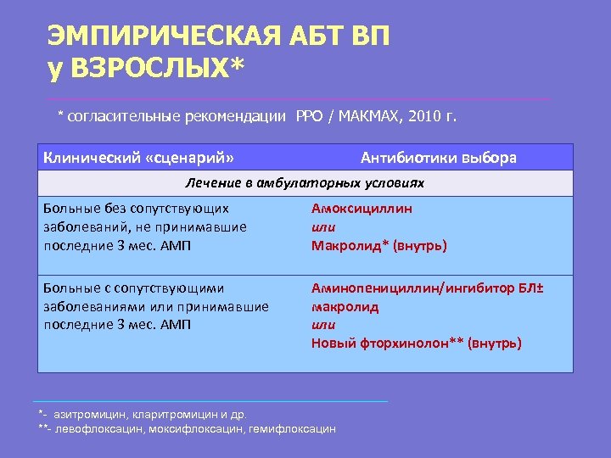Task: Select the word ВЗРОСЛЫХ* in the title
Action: (x=157, y=70)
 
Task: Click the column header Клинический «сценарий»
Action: (x=139, y=158)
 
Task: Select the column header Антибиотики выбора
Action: (x=438, y=158)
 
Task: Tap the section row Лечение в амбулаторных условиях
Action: (x=305, y=183)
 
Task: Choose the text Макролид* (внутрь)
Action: (x=378, y=246)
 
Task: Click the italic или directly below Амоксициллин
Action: (x=323, y=227)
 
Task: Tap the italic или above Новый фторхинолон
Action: (x=323, y=325)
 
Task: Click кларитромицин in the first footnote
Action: (x=166, y=415)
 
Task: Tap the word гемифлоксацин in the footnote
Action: (x=292, y=429)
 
